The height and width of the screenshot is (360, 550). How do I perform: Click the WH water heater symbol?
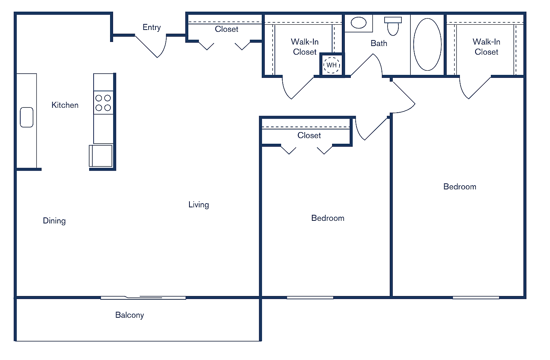(331, 65)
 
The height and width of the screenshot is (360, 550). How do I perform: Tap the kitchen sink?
(27, 117)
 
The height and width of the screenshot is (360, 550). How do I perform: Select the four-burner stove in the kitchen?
(103, 103)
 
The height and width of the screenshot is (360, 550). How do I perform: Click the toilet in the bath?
(393, 26)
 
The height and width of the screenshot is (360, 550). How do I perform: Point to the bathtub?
(427, 45)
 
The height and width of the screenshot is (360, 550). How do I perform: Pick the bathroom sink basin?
(358, 23)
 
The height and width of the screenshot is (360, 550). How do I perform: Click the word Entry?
(152, 27)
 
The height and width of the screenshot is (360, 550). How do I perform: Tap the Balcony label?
(130, 315)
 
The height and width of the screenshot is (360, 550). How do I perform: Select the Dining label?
(54, 221)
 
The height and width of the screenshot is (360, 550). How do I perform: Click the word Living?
(198, 205)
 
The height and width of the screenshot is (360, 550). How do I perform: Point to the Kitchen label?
(65, 105)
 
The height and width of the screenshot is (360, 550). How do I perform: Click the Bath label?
(379, 43)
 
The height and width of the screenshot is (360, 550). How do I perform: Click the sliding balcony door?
(143, 298)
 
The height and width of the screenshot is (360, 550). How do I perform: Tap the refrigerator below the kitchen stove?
(101, 156)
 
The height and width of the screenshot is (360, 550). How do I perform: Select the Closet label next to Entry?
(227, 29)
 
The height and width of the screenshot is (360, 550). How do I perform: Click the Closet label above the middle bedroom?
(309, 135)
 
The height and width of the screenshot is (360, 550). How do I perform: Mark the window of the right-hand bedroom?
(476, 298)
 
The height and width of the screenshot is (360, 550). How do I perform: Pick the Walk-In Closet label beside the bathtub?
(486, 47)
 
